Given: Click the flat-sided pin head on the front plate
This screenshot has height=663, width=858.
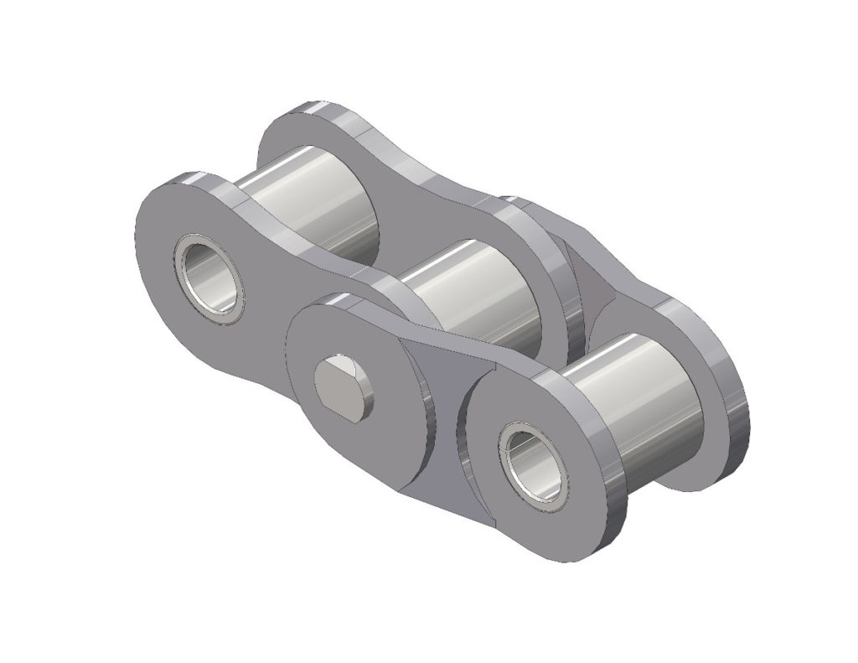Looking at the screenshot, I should [344, 384].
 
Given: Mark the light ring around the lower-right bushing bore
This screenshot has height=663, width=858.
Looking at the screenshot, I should [511, 469].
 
